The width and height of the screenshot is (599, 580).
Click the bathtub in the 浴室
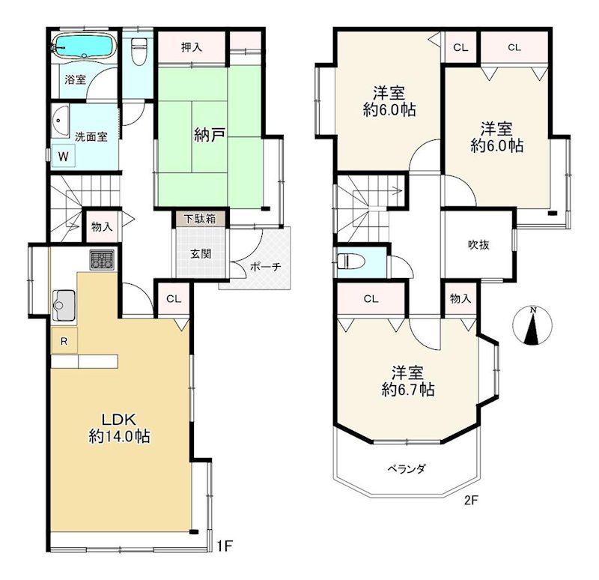point(83,46)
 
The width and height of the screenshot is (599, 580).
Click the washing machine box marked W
point(64,156)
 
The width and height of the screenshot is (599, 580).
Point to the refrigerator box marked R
point(64,341)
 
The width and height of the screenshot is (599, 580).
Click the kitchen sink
point(63,303)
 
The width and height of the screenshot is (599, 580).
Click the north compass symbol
point(532,326)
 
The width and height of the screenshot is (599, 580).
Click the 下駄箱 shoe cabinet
point(201,220)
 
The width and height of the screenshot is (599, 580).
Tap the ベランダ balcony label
point(407,469)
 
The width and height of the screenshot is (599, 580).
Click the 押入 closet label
point(192,47)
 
